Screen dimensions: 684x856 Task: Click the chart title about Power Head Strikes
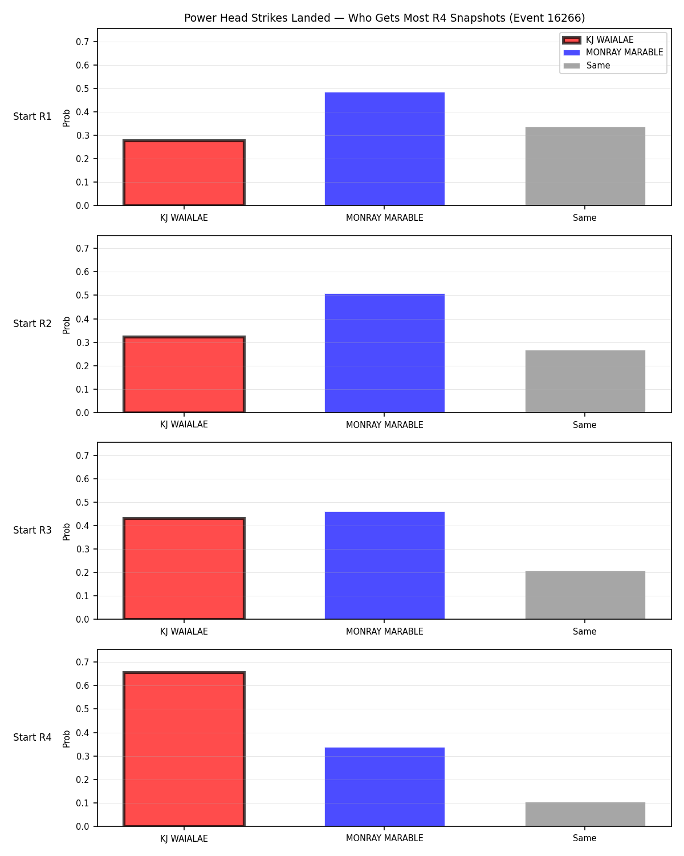click(384, 18)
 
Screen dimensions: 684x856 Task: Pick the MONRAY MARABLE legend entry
click(613, 53)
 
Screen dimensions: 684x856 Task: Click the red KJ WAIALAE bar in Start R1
click(184, 173)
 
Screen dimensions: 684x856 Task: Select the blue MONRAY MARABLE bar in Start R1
click(384, 149)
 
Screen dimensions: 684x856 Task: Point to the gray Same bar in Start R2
click(585, 381)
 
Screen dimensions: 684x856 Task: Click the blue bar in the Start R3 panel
click(384, 565)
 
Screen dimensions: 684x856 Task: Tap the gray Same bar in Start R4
click(585, 814)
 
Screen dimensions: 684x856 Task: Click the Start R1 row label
click(32, 116)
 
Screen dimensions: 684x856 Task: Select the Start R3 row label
click(32, 530)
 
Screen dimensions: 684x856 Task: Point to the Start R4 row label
click(32, 737)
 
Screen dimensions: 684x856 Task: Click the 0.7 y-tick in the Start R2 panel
click(83, 249)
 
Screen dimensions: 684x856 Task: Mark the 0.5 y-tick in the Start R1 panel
click(83, 88)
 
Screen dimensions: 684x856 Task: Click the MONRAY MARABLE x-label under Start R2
click(384, 425)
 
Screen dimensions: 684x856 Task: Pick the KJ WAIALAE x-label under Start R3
click(184, 632)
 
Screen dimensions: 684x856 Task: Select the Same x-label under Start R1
click(585, 218)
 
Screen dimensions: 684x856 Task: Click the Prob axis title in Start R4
click(66, 738)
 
